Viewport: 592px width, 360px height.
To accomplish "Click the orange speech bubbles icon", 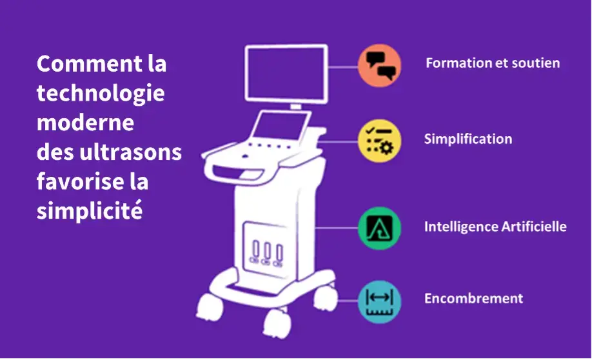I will (379, 65).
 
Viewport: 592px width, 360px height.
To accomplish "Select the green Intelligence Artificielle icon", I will (379, 227).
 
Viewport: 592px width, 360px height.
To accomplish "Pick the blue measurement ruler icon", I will (379, 301).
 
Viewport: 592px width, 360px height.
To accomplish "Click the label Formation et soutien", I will (492, 63).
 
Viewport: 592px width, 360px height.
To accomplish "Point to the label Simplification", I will (468, 139).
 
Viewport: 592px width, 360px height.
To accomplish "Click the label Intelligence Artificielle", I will (495, 226).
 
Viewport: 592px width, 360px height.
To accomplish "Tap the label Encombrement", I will (473, 299).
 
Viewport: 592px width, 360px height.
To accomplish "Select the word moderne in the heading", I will (85, 123).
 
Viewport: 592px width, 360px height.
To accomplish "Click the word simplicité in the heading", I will (89, 211).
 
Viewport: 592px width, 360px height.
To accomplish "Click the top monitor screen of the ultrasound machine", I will (286, 72).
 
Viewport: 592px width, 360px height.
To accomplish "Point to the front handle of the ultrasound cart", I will (226, 170).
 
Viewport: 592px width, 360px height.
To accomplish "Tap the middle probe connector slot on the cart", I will (266, 252).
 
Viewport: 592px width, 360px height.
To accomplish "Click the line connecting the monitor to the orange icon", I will (342, 66).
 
